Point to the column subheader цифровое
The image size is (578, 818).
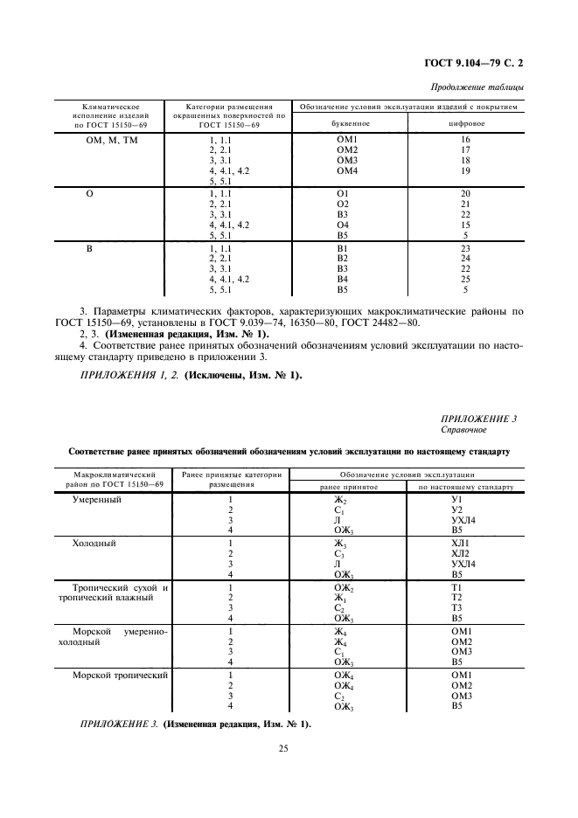[465, 124]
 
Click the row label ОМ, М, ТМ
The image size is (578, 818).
[109, 140]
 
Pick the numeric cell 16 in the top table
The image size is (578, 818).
[465, 140]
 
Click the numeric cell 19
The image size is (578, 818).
[465, 171]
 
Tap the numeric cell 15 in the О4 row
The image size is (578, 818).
[465, 225]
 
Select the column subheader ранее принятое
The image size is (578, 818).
[348, 486]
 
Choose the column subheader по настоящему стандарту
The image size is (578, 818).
[465, 486]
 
